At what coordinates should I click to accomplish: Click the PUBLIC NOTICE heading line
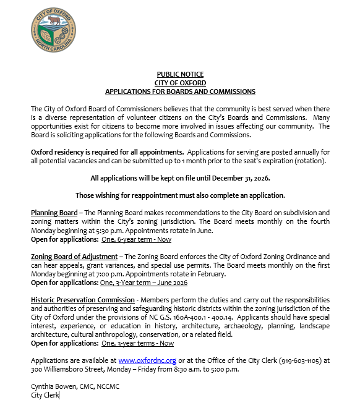[180, 74]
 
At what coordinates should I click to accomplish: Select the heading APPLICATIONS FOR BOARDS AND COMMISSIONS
[180, 92]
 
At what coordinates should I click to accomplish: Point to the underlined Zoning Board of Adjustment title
[74, 256]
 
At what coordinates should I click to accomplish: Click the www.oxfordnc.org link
[147, 360]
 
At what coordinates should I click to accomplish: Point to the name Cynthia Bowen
[53, 386]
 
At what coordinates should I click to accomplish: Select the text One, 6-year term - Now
[136, 239]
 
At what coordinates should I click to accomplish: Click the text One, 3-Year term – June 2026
[144, 283]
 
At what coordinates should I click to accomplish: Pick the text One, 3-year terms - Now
[137, 343]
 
